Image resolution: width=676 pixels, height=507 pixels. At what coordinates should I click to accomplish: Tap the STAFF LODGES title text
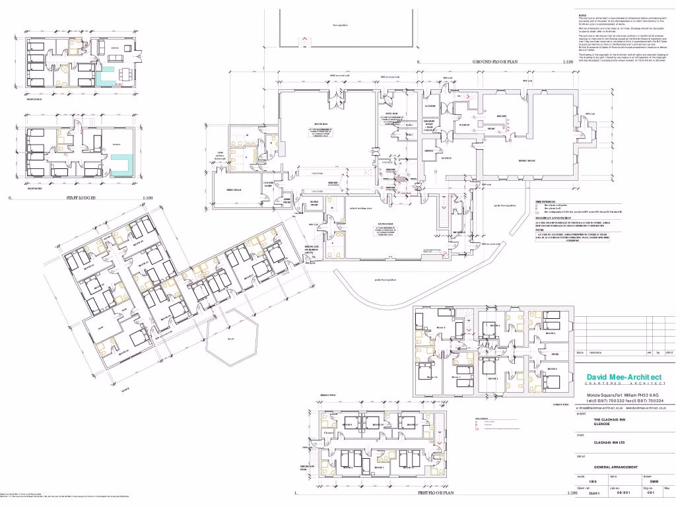(81, 197)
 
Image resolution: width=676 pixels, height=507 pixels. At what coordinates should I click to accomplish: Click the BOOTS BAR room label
(321, 124)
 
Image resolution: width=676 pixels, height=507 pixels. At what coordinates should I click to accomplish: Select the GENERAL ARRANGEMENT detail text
(617, 466)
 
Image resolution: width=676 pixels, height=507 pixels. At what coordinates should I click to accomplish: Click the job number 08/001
(623, 492)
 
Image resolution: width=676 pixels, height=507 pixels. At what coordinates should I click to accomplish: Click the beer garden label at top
(340, 25)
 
